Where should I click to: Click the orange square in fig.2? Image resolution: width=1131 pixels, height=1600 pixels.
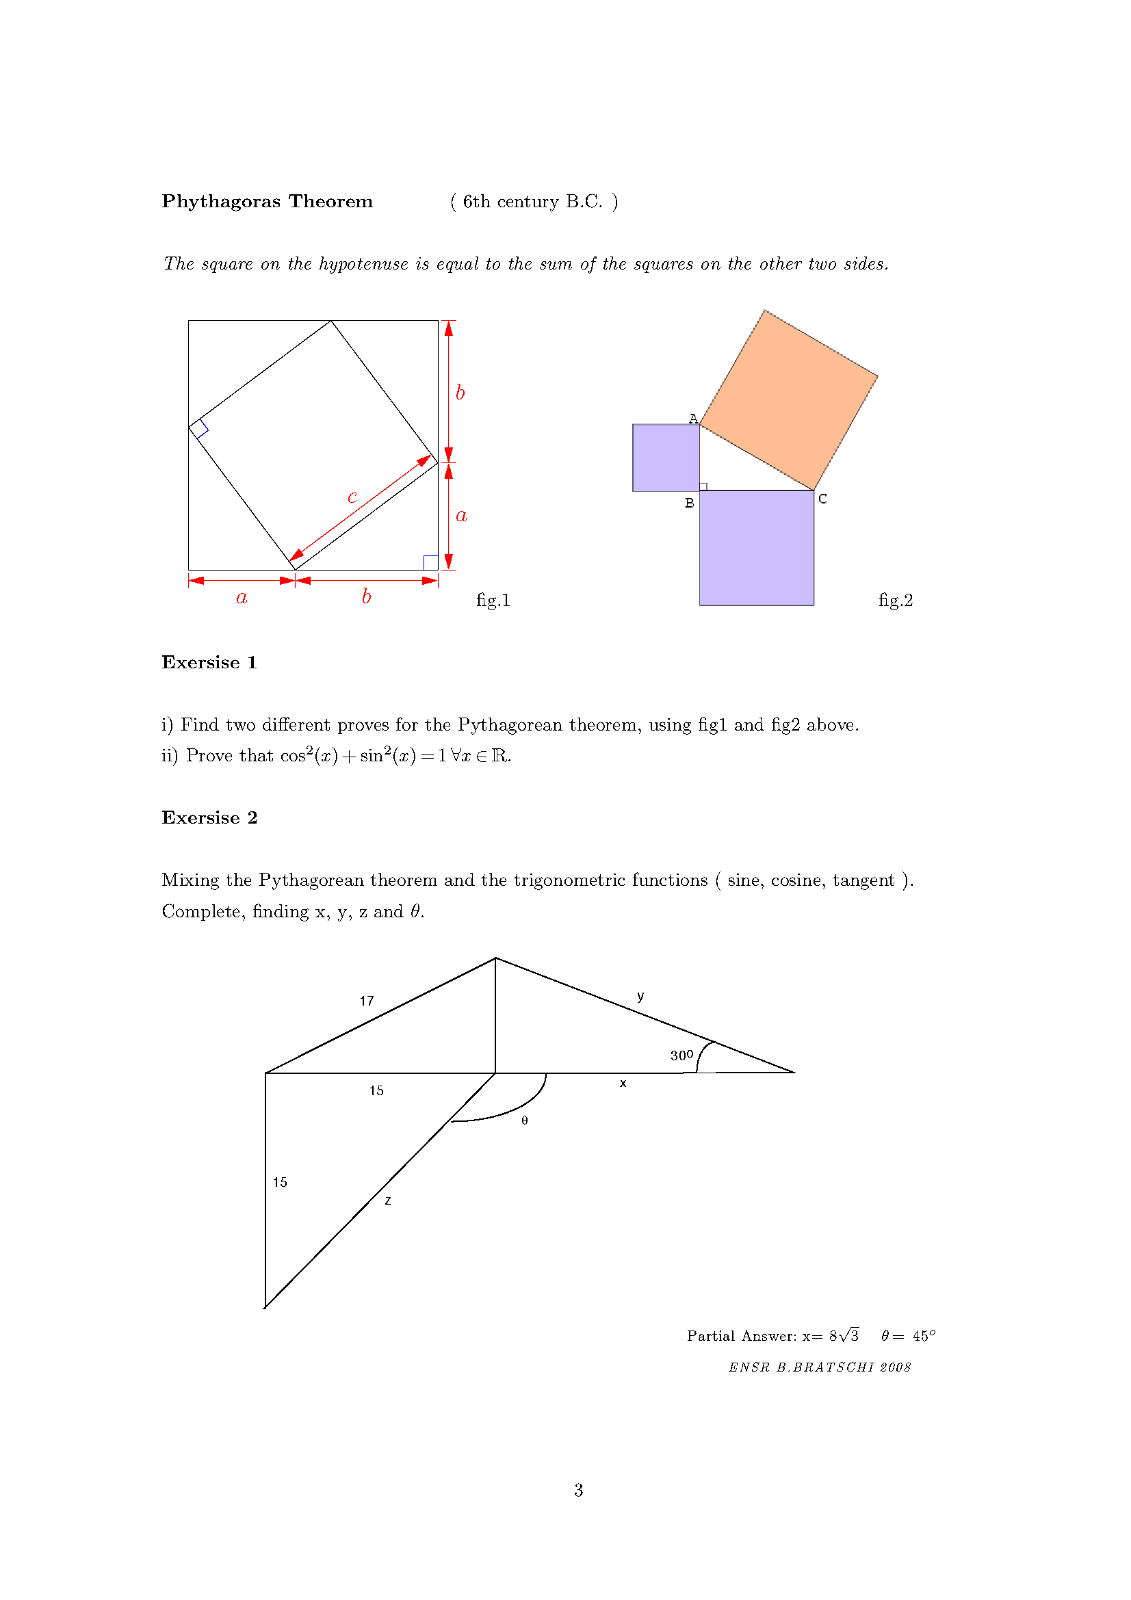click(789, 400)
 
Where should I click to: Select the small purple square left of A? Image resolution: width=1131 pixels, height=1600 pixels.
click(666, 458)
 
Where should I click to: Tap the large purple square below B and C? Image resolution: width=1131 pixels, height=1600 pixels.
click(756, 548)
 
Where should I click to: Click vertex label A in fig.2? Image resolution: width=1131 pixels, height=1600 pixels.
click(692, 418)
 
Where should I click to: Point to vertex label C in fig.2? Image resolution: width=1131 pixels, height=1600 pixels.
click(822, 499)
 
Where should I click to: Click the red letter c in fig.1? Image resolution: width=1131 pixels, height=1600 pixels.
click(352, 497)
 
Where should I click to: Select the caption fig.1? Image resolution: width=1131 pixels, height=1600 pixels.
click(493, 600)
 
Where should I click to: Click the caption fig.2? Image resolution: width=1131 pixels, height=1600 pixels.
click(895, 600)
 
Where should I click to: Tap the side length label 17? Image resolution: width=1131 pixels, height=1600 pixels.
click(367, 1001)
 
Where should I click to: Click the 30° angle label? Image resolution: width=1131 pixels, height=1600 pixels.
click(681, 1055)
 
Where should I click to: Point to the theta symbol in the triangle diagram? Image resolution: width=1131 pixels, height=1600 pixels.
click(525, 1120)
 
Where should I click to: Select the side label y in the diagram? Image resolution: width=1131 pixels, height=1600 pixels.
click(640, 996)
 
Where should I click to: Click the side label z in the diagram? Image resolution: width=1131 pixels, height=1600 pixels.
click(388, 1201)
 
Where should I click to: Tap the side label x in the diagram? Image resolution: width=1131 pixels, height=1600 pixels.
click(623, 1084)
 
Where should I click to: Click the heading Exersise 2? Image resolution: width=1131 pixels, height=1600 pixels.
click(209, 817)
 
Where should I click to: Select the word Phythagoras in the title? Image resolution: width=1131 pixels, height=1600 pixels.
click(221, 201)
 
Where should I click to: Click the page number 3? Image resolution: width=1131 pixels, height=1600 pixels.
click(578, 1490)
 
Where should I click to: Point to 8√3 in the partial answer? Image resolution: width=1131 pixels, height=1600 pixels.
click(843, 1335)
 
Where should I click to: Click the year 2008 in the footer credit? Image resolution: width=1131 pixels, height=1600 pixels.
click(895, 1367)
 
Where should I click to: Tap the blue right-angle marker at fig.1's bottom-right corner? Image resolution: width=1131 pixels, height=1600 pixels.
click(430, 562)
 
